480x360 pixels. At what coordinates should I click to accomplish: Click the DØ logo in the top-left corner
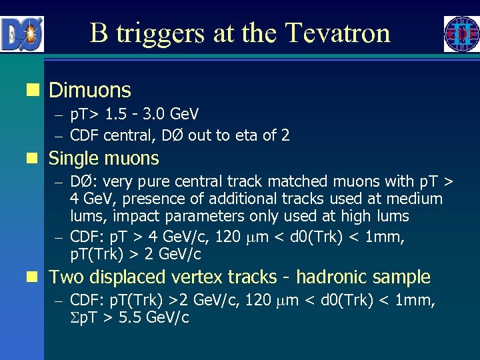(x=23, y=34)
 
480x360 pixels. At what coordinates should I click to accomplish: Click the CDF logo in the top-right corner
(x=461, y=34)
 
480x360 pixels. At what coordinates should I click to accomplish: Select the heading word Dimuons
(x=90, y=90)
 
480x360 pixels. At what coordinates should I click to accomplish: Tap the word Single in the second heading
(x=73, y=159)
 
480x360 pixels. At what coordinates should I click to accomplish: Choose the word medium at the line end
(x=419, y=199)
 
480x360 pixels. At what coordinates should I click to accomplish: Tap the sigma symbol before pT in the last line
(x=74, y=317)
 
